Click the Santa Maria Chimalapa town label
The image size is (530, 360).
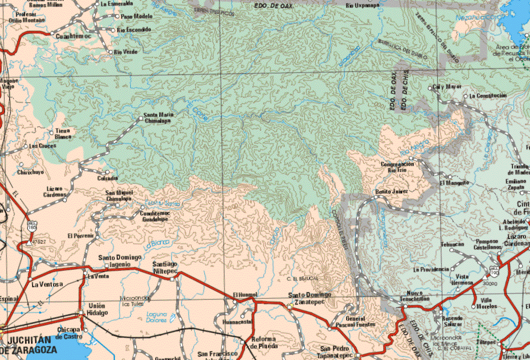tap(159, 118)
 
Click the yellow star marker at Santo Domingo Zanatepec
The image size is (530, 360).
tap(290, 306)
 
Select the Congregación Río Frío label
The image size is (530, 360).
tap(397, 167)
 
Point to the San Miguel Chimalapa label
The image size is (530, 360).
tap(119, 195)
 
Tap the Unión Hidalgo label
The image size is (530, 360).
tap(98, 309)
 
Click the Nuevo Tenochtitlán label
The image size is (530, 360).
tap(415, 295)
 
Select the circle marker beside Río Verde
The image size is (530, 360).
tap(110, 52)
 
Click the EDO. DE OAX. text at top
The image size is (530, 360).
tap(274, 5)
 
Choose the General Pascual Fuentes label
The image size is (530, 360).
tap(361, 321)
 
